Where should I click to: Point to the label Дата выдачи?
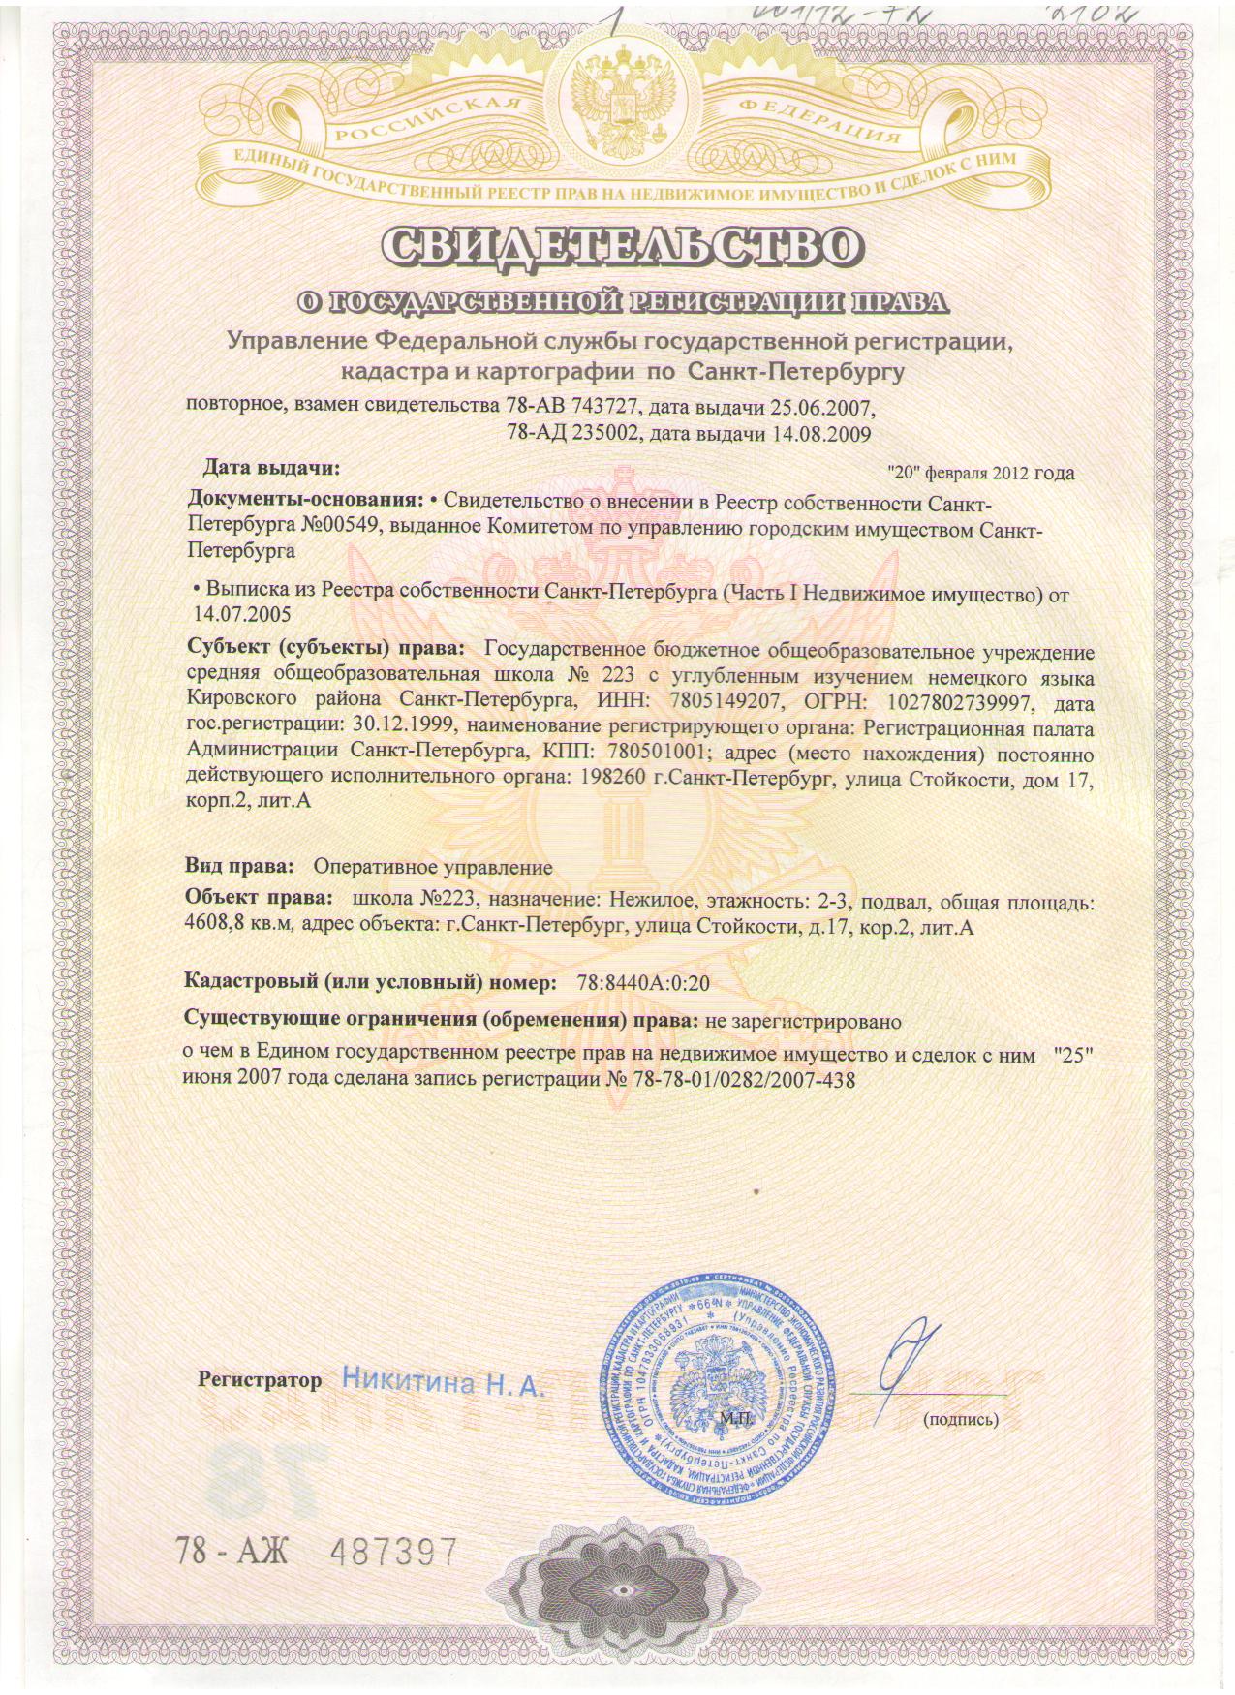[270, 469]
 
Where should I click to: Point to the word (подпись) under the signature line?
[960, 1420]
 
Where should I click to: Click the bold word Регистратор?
[259, 1379]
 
